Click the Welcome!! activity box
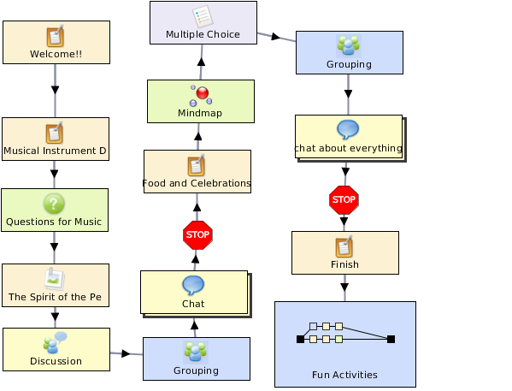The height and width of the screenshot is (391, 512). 56,42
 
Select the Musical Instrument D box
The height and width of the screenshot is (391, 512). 56,139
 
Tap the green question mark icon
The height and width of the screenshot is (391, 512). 54,204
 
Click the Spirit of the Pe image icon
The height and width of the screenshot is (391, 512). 55,279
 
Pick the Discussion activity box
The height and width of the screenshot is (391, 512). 56,349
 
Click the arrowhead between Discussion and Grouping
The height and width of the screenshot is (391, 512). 126,353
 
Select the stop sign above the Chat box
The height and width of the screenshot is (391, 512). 198,235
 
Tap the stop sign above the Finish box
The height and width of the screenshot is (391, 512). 344,200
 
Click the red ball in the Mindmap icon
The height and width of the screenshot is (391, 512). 203,93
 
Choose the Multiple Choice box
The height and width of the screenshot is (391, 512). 203,22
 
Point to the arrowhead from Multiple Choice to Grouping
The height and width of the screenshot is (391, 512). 276,36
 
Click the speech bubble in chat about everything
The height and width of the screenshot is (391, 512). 348,129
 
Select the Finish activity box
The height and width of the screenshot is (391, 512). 345,252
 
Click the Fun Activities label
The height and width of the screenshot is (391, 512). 344,375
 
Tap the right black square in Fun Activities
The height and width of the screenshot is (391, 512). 391,339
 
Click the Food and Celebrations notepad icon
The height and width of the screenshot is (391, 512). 197,165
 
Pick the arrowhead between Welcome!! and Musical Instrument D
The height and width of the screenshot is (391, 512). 56,90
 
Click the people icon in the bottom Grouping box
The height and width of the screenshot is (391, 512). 196,352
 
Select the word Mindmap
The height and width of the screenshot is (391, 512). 200,113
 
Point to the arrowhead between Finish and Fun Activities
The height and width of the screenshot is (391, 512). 344,287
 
